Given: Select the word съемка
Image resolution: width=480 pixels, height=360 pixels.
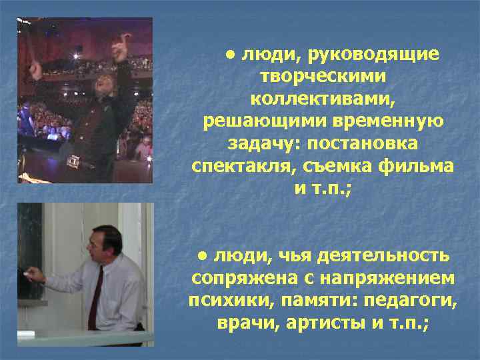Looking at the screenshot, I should coord(332,167).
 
